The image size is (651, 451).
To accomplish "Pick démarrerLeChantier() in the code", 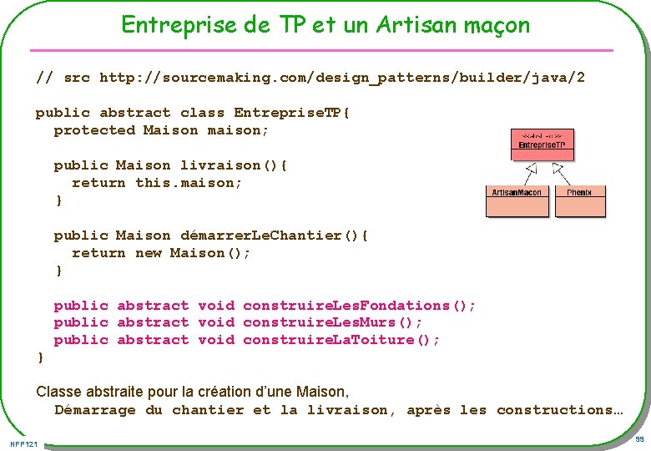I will point(274,236).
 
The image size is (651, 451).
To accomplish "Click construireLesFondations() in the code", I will point(359,306).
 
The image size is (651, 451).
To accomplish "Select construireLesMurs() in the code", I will point(332,322).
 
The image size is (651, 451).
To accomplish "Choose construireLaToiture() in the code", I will point(341,340).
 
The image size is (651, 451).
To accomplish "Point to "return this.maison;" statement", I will point(157,183).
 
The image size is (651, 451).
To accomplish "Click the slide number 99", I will point(639,439).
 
